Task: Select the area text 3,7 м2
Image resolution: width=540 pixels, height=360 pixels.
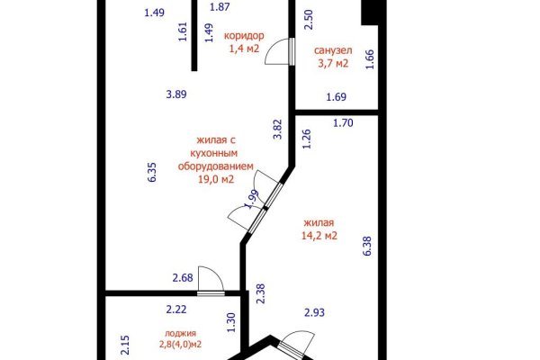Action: click(x=332, y=63)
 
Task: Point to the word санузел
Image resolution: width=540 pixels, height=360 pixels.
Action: click(x=332, y=50)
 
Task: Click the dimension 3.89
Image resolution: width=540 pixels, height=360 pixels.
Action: click(x=176, y=94)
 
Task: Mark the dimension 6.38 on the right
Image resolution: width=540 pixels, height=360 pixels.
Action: click(x=366, y=244)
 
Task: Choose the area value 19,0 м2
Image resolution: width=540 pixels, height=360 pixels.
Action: click(x=216, y=178)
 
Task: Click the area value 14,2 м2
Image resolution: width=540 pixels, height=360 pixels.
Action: click(x=319, y=236)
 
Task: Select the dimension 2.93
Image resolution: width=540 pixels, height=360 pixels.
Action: click(x=315, y=312)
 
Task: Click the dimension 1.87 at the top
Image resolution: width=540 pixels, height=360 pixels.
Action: click(x=220, y=7)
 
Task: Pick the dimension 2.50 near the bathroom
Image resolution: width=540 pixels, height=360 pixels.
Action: click(x=308, y=17)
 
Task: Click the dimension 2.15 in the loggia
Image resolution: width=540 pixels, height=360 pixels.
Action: click(x=125, y=344)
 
